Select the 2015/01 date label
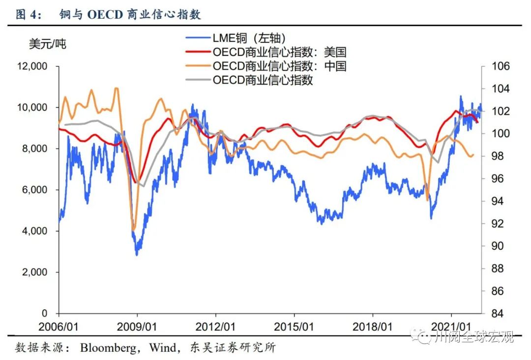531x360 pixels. pos(294,327)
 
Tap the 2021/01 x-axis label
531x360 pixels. pos(451,327)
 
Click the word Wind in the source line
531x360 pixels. pos(164,348)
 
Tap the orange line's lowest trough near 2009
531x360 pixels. pos(133,230)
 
